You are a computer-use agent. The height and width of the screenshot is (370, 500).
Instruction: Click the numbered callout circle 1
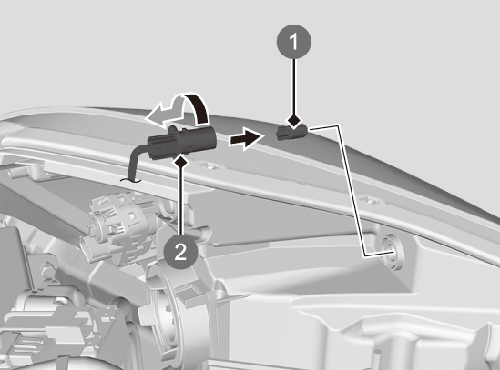[293, 42]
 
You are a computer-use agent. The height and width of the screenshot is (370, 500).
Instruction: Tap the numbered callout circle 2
[180, 252]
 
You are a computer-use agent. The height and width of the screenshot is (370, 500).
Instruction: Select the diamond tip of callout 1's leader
[294, 121]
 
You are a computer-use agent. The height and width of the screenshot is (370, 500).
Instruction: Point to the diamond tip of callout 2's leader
[181, 161]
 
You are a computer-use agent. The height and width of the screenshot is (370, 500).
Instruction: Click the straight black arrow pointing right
[246, 138]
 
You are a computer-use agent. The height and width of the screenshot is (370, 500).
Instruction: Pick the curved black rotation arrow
[199, 106]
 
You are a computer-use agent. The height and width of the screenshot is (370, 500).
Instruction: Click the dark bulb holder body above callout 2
[182, 142]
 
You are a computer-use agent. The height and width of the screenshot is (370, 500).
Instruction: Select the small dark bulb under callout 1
[292, 132]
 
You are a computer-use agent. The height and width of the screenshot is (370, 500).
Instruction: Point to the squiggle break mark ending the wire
[130, 181]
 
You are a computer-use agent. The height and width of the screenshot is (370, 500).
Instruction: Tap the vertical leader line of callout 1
[294, 86]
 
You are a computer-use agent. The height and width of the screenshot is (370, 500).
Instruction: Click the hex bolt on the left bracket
[47, 270]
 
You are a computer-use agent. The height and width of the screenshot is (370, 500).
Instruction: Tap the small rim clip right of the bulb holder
[209, 165]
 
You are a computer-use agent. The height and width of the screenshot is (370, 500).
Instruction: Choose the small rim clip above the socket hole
[368, 200]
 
